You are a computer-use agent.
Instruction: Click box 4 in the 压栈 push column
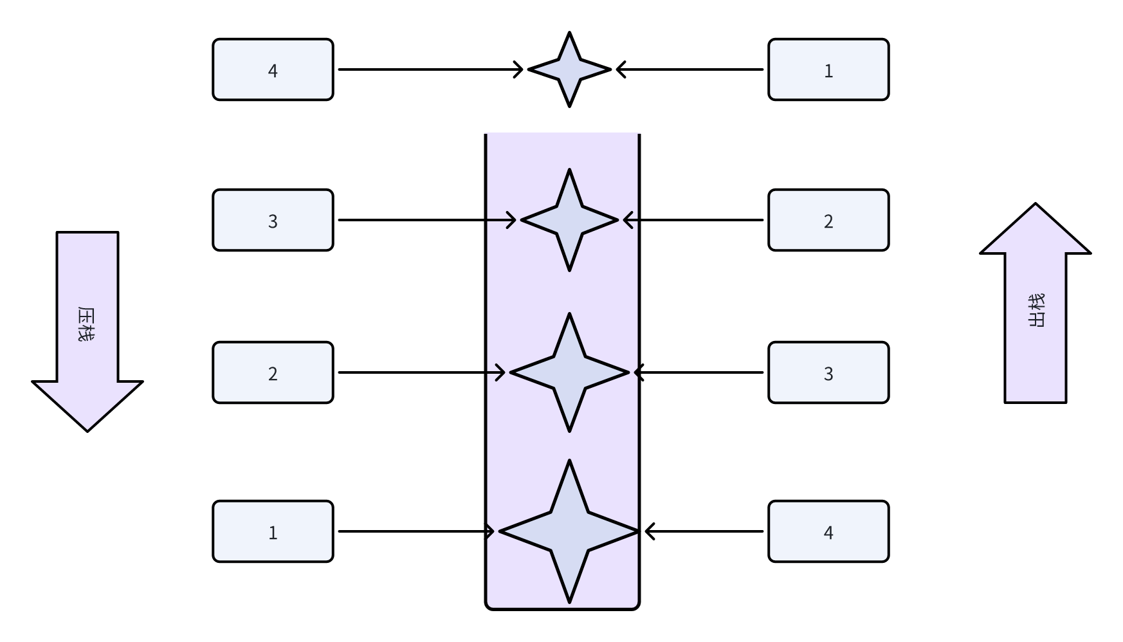click(273, 69)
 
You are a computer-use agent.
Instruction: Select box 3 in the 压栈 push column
click(273, 220)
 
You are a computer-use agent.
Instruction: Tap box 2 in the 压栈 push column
click(273, 372)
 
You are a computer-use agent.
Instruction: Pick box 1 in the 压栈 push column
click(273, 531)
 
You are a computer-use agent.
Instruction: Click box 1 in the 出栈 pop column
click(828, 69)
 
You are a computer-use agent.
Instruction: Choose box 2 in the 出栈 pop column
click(828, 220)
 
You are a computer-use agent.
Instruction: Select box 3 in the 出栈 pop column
click(828, 372)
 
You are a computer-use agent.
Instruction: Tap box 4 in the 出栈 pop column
click(828, 531)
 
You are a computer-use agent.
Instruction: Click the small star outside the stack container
click(569, 69)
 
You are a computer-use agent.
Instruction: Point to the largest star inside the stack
click(569, 531)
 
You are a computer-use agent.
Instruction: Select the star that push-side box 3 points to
click(569, 220)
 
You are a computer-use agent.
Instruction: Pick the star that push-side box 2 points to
click(569, 372)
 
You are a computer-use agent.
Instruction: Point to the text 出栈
click(1036, 311)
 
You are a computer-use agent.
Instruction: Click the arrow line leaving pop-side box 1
click(691, 69)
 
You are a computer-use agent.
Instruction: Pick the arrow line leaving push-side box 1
click(415, 531)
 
